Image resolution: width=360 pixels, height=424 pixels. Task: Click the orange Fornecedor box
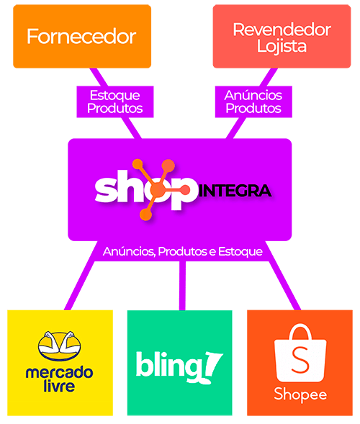[x=82, y=36]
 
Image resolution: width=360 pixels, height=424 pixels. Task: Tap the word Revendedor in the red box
[x=282, y=30]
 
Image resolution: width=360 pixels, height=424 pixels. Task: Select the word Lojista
[x=282, y=47]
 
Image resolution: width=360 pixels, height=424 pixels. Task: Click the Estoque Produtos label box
[x=115, y=102]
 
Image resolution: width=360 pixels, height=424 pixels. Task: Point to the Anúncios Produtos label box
[x=253, y=102]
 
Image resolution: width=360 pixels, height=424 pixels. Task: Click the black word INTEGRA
[x=235, y=191]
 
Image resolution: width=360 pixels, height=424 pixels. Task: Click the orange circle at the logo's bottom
[x=145, y=215]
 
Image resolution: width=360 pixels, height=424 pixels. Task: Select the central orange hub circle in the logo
[x=157, y=189]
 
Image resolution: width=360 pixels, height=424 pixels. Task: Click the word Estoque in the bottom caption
[x=240, y=252]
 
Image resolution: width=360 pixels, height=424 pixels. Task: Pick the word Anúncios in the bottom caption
[x=129, y=252]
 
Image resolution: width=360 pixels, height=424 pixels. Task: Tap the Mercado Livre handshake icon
[x=60, y=346]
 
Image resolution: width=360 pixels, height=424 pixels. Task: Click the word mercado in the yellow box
[x=59, y=373]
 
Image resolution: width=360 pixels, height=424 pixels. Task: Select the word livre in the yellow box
[x=59, y=386]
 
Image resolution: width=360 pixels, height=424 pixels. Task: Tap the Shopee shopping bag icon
[x=300, y=353]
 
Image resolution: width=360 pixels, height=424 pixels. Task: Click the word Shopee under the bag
[x=300, y=394]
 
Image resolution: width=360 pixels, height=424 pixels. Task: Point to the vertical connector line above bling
[x=182, y=286]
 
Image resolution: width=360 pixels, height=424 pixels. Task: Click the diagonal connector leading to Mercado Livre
[x=80, y=286]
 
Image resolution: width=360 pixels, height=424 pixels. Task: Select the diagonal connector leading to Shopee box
[x=284, y=286]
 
